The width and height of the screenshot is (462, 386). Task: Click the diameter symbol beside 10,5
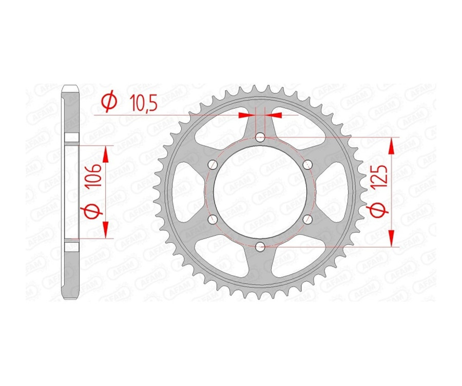click(109, 103)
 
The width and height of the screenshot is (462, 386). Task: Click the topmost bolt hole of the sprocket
click(260, 137)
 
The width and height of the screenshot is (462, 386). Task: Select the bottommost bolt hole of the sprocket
click(260, 247)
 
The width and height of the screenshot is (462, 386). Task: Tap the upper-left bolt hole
click(213, 164)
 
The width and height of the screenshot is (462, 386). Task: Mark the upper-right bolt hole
click(307, 164)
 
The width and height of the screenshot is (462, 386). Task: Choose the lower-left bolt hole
click(213, 219)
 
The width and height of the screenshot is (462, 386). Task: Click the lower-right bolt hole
click(307, 219)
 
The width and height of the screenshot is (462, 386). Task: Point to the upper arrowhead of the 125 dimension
click(393, 146)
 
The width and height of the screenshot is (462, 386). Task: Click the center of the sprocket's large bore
click(260, 192)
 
